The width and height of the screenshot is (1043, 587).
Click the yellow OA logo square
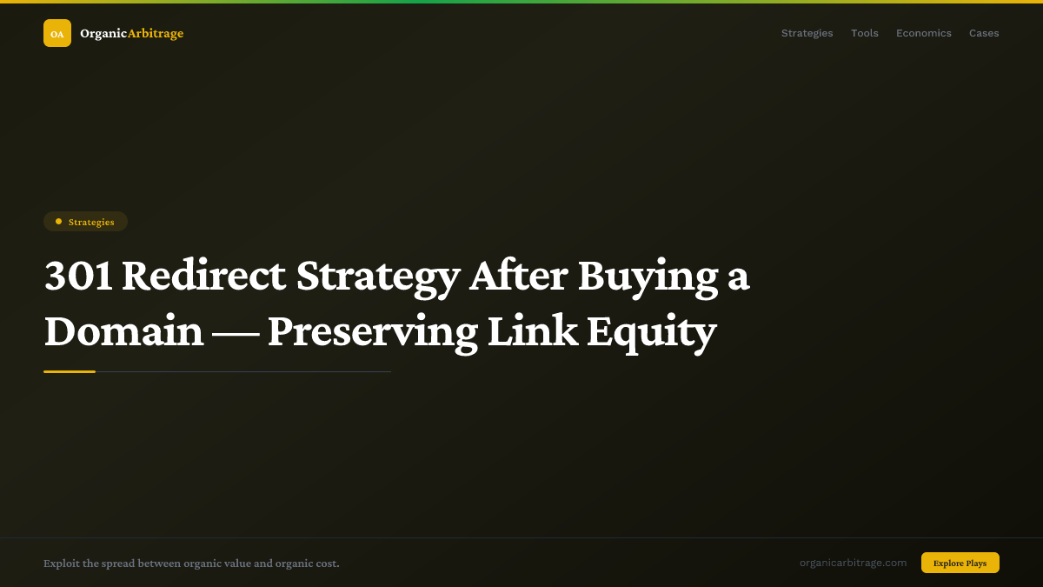pos(57,33)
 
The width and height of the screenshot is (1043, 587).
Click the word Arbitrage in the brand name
pos(156,33)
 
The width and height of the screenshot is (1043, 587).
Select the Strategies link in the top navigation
pos(807,33)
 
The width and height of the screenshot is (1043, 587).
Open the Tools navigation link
pos(864,33)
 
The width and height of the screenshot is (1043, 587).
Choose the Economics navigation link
pos(923,33)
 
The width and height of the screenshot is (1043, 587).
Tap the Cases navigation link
pos(984,33)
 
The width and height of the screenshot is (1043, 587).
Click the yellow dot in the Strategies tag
pos(58,222)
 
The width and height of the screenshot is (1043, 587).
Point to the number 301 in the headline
pos(77,276)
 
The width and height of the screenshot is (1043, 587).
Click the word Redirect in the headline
pos(203,276)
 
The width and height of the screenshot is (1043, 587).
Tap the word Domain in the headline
pos(123,331)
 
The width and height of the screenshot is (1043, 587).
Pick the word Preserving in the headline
pos(372,331)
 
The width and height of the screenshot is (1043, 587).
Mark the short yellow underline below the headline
pos(70,371)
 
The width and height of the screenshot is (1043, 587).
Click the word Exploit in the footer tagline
pos(61,564)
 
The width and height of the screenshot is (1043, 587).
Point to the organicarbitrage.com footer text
pos(853,563)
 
